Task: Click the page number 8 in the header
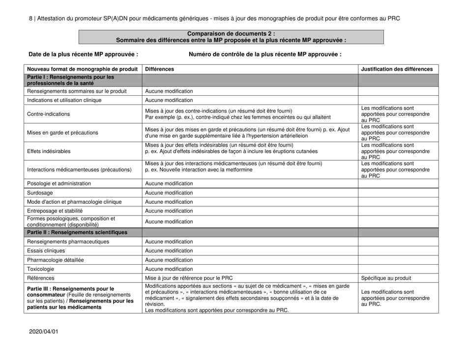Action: coord(31,18)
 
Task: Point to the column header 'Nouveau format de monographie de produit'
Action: coord(82,69)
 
